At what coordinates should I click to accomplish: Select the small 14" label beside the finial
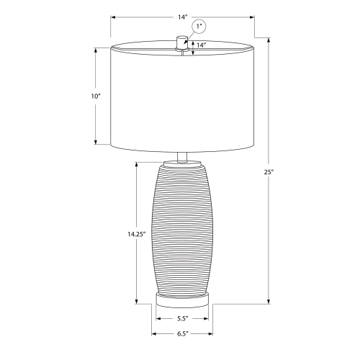201,45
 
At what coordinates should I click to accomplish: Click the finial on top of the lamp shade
181,42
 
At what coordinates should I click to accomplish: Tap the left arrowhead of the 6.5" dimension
153,333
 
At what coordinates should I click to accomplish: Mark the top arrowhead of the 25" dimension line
269,38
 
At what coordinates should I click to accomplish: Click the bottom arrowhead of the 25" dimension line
269,302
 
